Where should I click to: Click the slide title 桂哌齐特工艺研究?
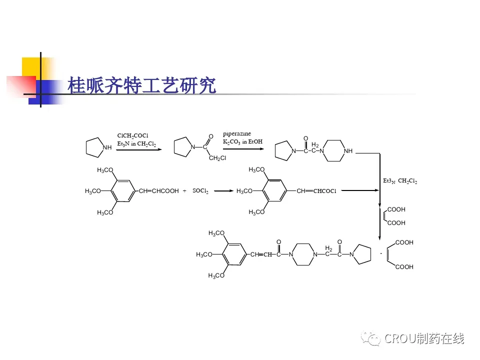tap(142, 85)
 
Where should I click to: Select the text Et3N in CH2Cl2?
tap(136, 144)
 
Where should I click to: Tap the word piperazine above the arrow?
tap(237, 133)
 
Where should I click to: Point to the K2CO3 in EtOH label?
tap(242, 142)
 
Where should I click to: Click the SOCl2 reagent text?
tap(200, 191)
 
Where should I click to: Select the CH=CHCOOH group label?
tap(158, 191)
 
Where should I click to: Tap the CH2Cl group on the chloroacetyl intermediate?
tap(217, 158)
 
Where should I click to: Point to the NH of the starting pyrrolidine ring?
tap(106, 147)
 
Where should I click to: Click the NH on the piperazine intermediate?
tap(348, 150)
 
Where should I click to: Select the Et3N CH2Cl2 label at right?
tap(399, 181)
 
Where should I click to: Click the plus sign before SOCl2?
tap(184, 191)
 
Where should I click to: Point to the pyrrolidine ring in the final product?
tap(363, 255)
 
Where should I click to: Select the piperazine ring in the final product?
tap(303, 255)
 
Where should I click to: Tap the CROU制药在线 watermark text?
tap(424, 338)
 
